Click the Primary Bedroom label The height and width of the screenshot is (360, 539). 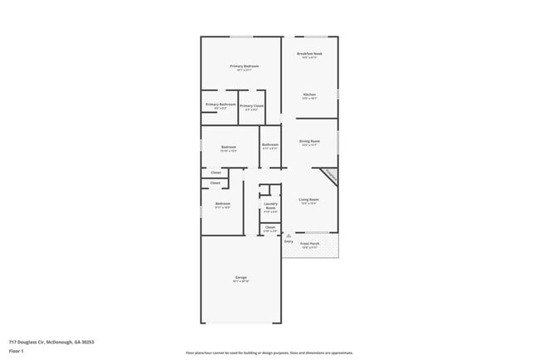(244, 66)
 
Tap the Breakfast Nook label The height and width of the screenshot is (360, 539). (310, 53)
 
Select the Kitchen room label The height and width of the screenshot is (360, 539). (309, 94)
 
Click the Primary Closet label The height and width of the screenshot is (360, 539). (251, 105)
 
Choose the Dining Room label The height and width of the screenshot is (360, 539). (309, 141)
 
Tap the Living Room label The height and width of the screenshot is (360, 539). (309, 199)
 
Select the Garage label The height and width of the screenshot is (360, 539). (241, 277)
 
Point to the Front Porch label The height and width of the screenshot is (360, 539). (310, 244)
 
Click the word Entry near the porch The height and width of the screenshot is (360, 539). (289, 241)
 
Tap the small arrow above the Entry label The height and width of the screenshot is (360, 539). (289, 236)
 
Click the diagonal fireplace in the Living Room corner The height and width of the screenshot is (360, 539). (330, 177)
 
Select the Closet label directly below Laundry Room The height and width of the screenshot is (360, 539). (270, 226)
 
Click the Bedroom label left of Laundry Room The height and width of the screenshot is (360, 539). (222, 203)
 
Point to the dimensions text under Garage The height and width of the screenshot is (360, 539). (241, 282)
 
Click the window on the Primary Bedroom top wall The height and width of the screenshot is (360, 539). (241, 36)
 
